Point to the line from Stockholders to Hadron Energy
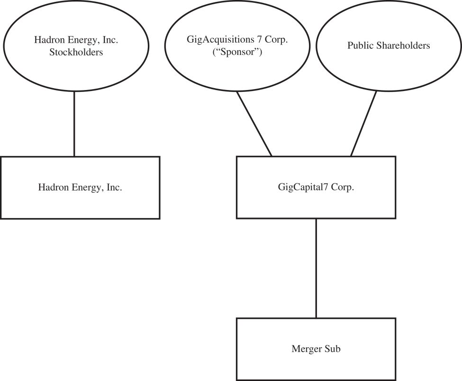(74, 124)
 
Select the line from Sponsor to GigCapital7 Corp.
(254, 124)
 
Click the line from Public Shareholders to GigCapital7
(363, 124)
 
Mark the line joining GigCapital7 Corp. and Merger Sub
(316, 268)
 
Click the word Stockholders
(76, 52)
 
